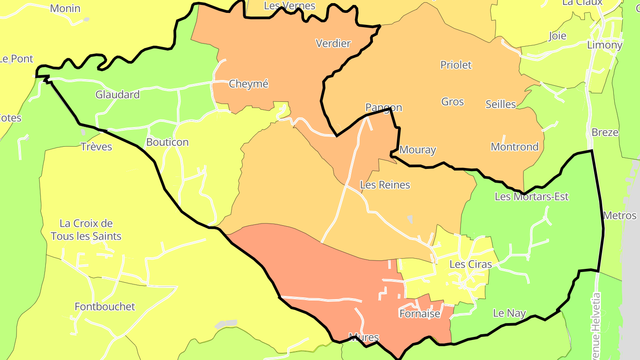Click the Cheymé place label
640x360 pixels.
[248, 84]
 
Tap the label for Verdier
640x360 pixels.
[333, 44]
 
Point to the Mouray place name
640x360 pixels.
[417, 150]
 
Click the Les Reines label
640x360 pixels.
[385, 185]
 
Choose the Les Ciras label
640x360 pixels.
[471, 264]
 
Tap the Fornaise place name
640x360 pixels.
[420, 314]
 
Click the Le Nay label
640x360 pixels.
[509, 313]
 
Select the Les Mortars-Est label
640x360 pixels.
[531, 196]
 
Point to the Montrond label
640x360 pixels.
[514, 147]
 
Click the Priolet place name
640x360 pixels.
[456, 65]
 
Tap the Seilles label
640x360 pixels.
[500, 104]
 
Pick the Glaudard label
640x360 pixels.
[117, 95]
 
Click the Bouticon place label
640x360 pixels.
[167, 142]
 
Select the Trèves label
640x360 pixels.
[96, 147]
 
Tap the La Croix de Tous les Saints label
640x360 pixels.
[86, 230]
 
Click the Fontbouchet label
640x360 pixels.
[105, 307]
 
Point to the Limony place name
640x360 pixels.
[604, 45]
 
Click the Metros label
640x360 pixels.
[620, 216]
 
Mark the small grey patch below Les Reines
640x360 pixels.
[410, 219]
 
